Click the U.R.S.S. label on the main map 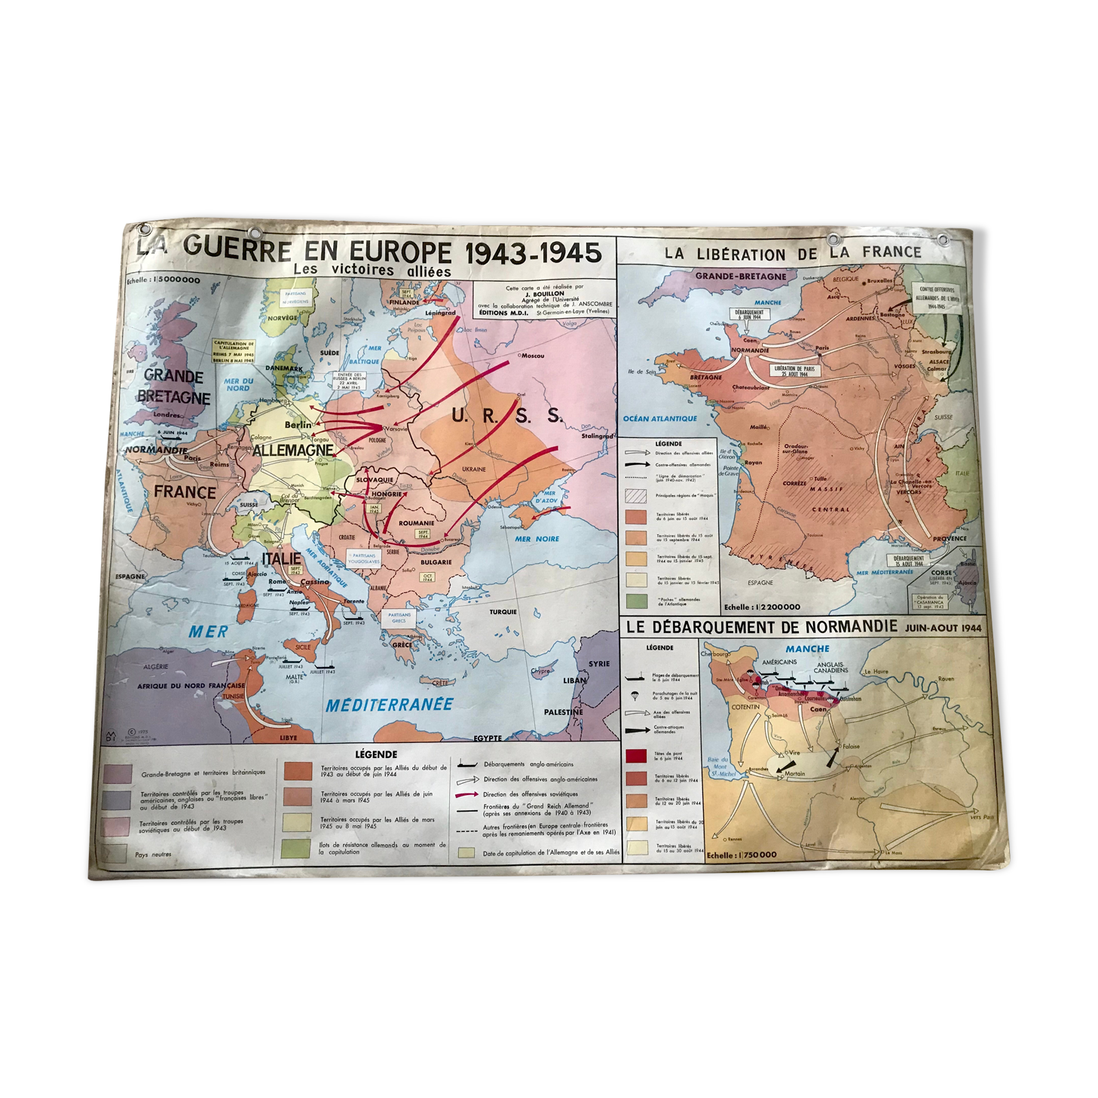pyautogui.click(x=506, y=414)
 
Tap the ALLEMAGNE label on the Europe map pyautogui.click(x=293, y=451)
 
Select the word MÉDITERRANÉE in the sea pyautogui.click(x=389, y=705)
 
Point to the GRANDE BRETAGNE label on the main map pyautogui.click(x=173, y=386)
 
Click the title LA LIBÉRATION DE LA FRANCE pyautogui.click(x=793, y=254)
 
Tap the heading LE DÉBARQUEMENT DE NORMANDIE pyautogui.click(x=760, y=626)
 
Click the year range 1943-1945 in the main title pyautogui.click(x=534, y=252)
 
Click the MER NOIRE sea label pyautogui.click(x=537, y=538)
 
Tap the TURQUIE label pyautogui.click(x=503, y=612)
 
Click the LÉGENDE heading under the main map pyautogui.click(x=375, y=754)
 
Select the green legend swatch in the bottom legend pyautogui.click(x=295, y=848)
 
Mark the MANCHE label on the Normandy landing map pyautogui.click(x=807, y=648)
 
